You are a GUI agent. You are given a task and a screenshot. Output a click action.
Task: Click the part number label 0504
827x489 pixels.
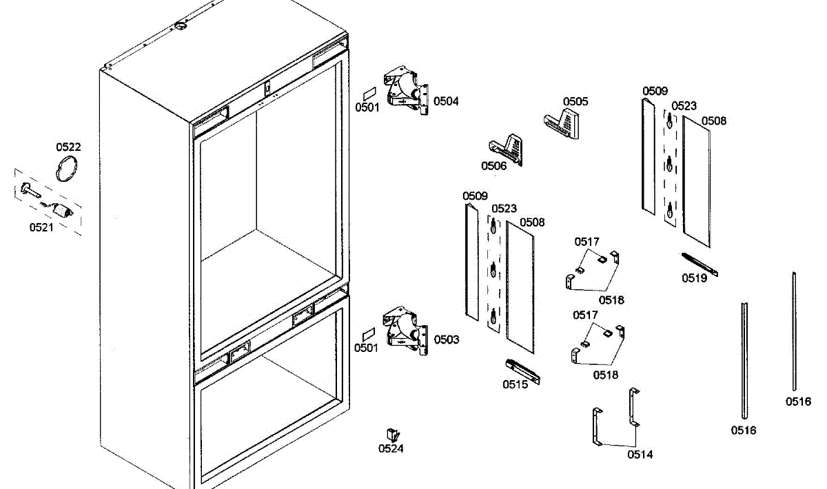tap(446, 101)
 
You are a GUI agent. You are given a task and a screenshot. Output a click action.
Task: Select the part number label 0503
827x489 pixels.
tap(446, 340)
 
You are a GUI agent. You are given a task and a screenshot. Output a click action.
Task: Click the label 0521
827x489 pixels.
tap(41, 227)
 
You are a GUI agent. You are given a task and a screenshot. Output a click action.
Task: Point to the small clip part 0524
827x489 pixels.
tap(392, 435)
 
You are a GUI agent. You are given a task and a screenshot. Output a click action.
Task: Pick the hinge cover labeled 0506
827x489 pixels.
tap(507, 149)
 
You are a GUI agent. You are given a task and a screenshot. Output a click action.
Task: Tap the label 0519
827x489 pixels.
tap(695, 278)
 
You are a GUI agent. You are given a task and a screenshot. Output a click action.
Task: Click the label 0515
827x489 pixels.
tap(515, 384)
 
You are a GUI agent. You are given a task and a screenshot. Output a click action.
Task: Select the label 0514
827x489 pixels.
tap(640, 454)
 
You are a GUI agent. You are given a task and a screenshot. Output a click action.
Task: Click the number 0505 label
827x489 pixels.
tap(575, 101)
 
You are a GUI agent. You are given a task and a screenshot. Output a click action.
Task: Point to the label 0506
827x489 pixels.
tap(493, 166)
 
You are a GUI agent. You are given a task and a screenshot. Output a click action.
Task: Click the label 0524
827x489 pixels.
tap(391, 449)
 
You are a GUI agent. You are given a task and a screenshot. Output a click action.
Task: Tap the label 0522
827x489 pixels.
tap(68, 147)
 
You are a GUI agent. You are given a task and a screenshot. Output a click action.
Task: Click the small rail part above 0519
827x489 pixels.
tap(699, 264)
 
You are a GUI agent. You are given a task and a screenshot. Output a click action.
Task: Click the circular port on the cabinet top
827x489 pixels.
tap(180, 25)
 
